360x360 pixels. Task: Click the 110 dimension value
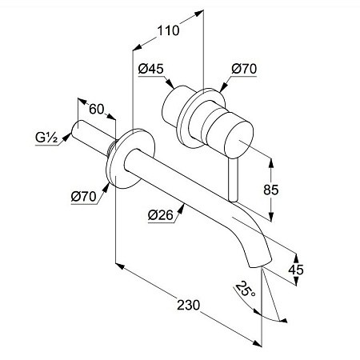pos(168,30)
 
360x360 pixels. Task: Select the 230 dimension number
pos(188,305)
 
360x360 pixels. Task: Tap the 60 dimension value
pos(96,109)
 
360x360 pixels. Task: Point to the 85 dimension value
pos(271,190)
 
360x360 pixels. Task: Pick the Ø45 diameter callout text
pos(150,69)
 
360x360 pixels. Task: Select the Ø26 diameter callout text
pos(161,215)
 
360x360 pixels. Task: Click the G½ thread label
pos(46,138)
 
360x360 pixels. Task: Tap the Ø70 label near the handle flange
pos(244,69)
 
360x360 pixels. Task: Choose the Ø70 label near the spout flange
pos(83,197)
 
